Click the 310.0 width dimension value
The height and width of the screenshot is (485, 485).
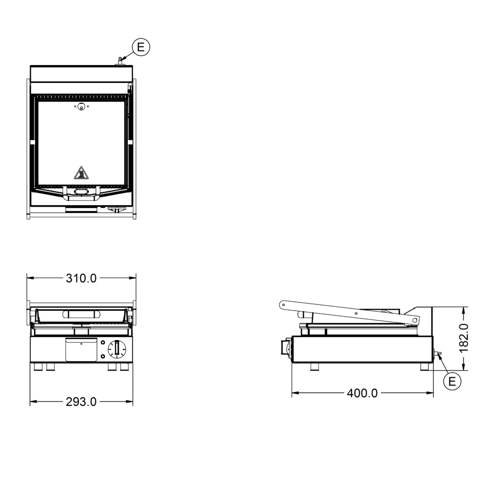click(81, 278)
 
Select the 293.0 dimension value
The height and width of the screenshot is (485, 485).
click(81, 402)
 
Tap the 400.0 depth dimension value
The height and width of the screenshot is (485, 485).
click(362, 393)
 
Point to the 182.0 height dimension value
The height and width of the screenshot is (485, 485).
click(464, 339)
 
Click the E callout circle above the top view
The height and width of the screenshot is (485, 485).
click(141, 47)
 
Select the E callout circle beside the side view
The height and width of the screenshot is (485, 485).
click(452, 381)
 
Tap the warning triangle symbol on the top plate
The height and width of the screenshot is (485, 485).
click(81, 173)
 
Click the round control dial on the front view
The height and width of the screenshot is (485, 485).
click(117, 349)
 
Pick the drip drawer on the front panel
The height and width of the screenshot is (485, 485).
click(81, 350)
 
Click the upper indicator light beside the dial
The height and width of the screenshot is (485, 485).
click(103, 343)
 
